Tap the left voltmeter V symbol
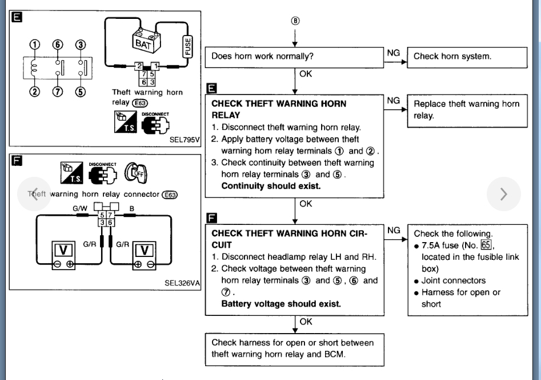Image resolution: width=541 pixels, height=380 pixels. (63, 250)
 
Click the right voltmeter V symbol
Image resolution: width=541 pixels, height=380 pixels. (144, 250)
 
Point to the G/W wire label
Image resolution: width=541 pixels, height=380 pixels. (79, 209)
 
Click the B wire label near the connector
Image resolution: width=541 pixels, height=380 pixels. (131, 209)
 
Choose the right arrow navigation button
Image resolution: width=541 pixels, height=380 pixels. (503, 194)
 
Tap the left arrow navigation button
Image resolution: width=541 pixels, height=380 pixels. (34, 194)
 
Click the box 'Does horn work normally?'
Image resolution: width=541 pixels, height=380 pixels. (295, 57)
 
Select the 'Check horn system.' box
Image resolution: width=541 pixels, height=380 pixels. (467, 57)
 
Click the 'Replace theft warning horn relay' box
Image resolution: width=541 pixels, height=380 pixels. (467, 110)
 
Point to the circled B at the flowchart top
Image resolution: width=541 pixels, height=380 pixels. (295, 21)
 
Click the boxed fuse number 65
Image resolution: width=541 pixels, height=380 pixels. (486, 246)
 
